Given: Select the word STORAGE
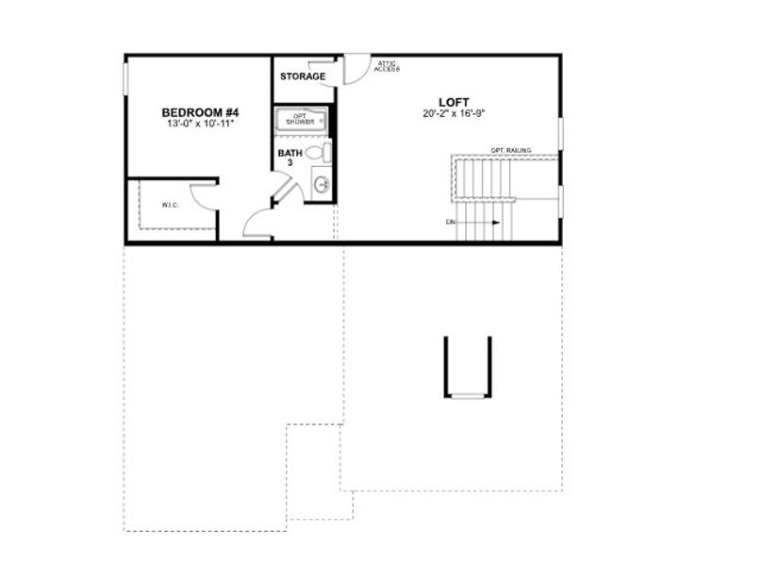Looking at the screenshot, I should coord(303,76).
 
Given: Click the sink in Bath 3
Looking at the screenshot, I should coord(322,185).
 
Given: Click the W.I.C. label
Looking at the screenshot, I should coord(170,205).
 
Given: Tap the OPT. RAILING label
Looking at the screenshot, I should coord(510,150).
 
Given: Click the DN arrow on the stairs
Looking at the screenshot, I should coord(486,223).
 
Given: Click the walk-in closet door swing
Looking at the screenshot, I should coord(204,195).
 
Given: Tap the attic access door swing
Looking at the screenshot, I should coord(355,68).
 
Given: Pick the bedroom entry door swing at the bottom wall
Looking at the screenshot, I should coord(258,225).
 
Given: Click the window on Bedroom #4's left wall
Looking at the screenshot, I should coord(125,79).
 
